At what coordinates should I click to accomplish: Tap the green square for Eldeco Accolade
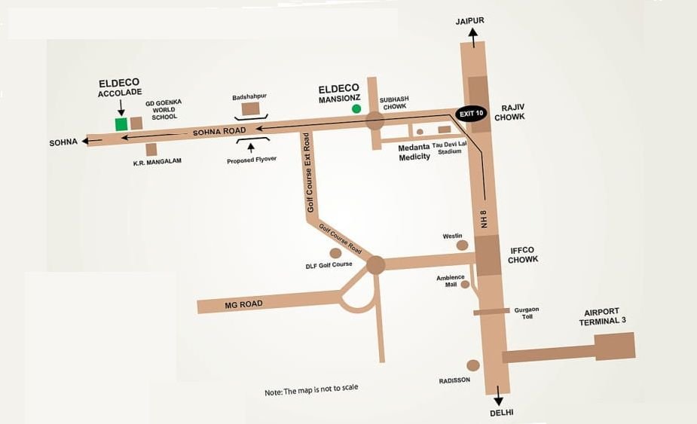[121, 124]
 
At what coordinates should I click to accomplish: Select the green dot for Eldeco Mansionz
[356, 109]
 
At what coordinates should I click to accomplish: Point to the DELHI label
[499, 413]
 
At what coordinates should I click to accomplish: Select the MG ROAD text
[243, 304]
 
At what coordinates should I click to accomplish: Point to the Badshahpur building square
[251, 110]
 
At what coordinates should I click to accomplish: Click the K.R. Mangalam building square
[151, 149]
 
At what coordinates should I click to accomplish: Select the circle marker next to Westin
[463, 245]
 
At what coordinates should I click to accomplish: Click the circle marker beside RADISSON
[472, 364]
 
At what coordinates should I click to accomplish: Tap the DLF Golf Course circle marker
[335, 253]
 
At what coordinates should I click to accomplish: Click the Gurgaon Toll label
[527, 313]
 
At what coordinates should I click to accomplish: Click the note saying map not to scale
[311, 389]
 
